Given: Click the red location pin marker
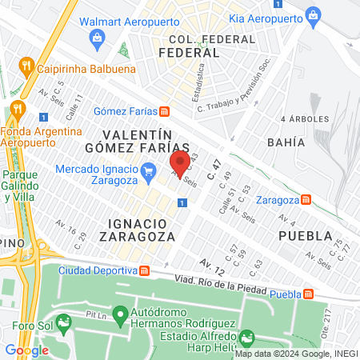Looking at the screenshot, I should [180, 162].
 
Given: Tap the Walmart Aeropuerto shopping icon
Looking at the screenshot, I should [97, 37].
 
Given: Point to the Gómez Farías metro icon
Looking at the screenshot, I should [164, 111].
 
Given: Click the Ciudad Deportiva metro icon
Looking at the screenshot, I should [143, 270].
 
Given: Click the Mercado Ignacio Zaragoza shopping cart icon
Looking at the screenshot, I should [147, 170].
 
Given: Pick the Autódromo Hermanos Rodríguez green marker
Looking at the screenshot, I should [119, 314].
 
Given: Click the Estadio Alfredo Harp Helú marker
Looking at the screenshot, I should [247, 337].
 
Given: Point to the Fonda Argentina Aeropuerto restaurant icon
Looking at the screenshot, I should [15, 110].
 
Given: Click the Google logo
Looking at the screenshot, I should [26, 350].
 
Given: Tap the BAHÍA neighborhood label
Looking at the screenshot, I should [288, 142].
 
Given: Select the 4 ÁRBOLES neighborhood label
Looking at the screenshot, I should [305, 118].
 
